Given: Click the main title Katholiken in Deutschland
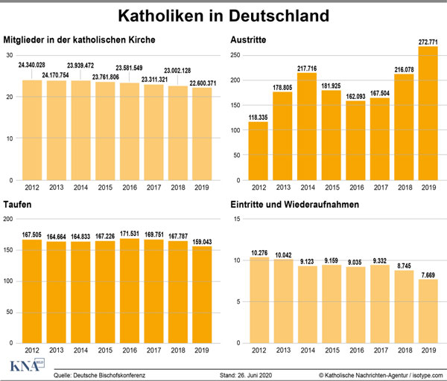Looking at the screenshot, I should point(223,15).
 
